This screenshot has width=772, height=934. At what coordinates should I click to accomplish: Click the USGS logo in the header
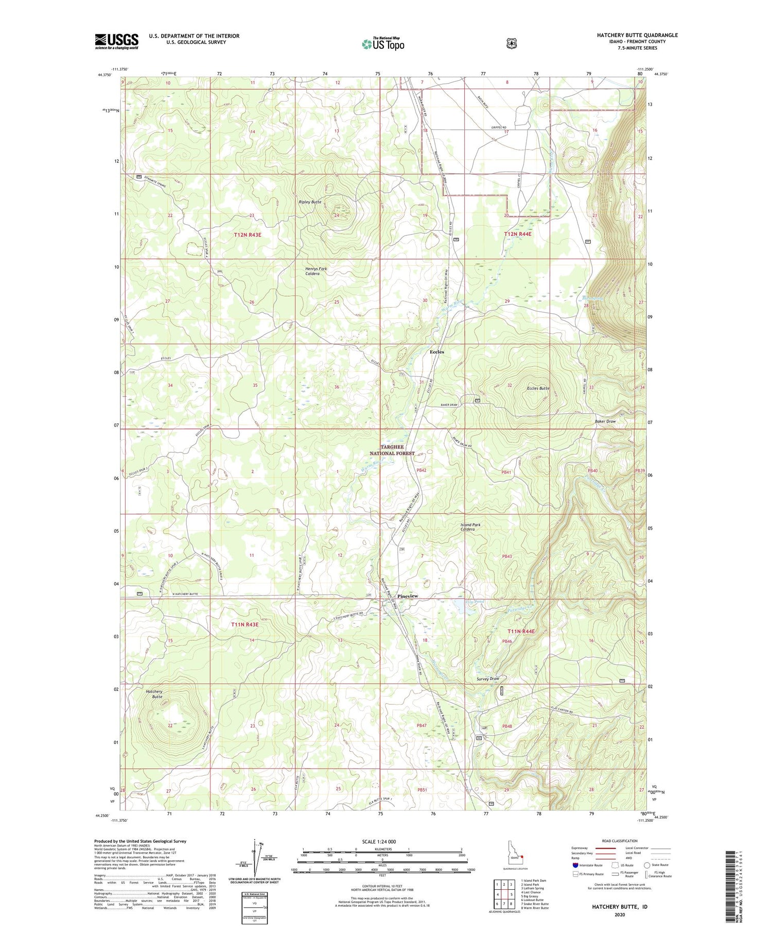tap(116, 41)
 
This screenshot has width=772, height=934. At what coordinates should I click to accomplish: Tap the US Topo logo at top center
tap(383, 44)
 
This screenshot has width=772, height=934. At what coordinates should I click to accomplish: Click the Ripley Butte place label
tap(310, 202)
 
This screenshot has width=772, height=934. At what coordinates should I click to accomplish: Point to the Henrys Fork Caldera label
tap(315, 271)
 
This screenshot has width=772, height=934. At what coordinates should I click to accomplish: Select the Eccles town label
tap(436, 352)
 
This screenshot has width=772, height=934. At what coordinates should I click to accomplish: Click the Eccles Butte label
tap(538, 388)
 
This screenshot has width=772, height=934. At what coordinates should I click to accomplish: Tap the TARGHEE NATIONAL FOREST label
tap(392, 450)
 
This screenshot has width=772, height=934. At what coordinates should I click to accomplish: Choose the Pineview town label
tap(408, 596)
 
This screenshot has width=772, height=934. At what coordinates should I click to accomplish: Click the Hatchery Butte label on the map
tap(154, 694)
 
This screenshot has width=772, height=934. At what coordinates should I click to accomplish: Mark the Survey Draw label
tap(488, 678)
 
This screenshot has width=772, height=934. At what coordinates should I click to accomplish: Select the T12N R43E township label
tap(248, 234)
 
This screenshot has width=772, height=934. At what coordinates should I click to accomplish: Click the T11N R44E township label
tap(521, 631)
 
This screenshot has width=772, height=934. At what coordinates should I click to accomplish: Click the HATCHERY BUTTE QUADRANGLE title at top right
tap(637, 35)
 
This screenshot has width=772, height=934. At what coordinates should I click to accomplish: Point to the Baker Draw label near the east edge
tap(605, 421)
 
